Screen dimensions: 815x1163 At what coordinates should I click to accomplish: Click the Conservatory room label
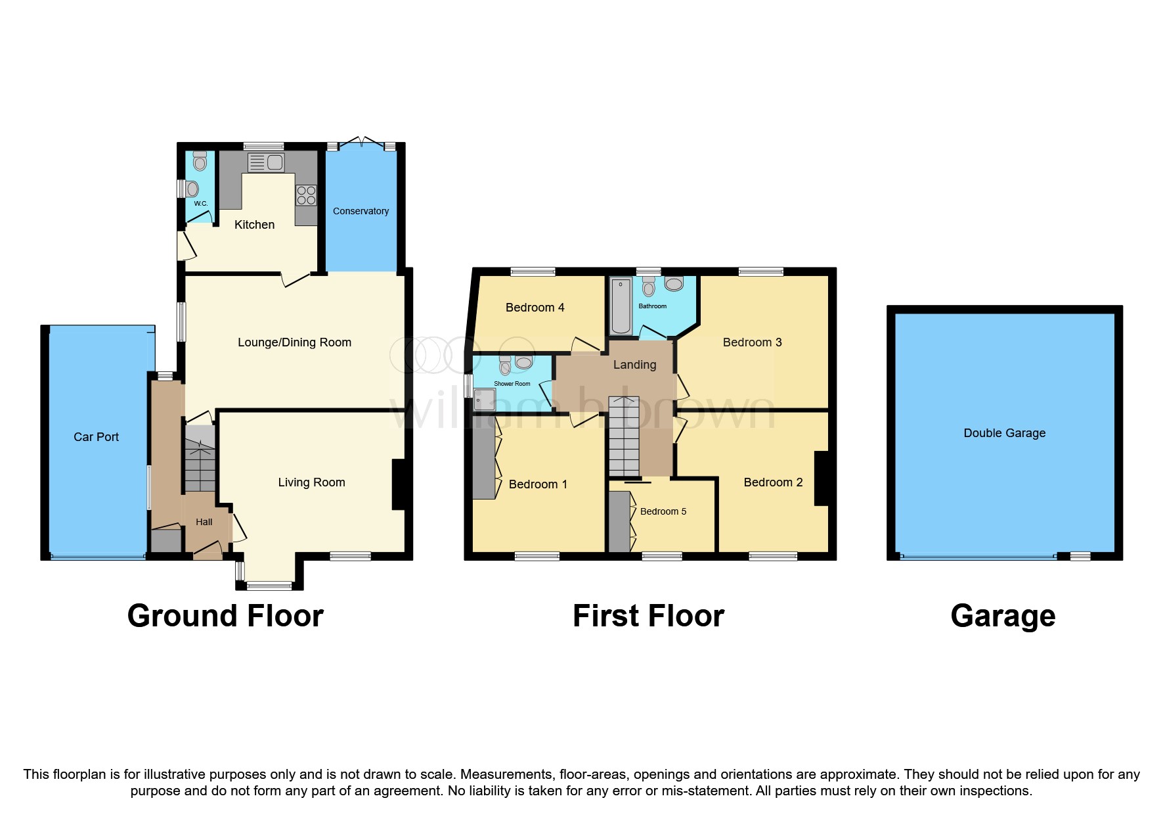pos(361,211)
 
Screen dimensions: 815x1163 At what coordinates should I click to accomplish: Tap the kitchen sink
pos(266,162)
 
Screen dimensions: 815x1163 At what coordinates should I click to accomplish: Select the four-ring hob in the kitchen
pos(306,195)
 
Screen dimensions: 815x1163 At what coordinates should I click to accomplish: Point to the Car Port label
pos(96,437)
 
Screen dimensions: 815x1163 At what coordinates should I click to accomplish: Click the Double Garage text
pos(1004,433)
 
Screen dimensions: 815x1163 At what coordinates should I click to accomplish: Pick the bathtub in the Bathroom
pos(621,306)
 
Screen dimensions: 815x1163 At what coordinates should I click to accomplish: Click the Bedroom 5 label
pos(663,511)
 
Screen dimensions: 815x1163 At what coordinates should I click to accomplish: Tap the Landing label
pos(634,365)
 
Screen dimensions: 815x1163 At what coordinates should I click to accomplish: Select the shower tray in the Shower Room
pos(484,400)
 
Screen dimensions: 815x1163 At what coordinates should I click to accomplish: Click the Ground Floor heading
pos(225,616)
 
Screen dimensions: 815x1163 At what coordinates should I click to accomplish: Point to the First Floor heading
pos(648,616)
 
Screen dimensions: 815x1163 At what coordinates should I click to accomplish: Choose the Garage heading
pos(1003,616)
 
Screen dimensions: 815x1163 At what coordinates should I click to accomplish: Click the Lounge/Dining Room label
pos(294,342)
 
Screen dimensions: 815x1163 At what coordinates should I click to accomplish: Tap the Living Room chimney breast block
pos(399,484)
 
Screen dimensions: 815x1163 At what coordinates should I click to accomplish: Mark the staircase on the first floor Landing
pos(624,436)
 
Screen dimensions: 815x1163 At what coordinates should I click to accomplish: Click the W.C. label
pos(201,204)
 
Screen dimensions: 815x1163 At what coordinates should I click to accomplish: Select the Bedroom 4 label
pos(535,308)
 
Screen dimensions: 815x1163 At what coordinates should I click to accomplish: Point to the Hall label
pos(204,522)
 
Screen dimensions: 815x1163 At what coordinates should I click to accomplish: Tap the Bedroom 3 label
pos(752,342)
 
